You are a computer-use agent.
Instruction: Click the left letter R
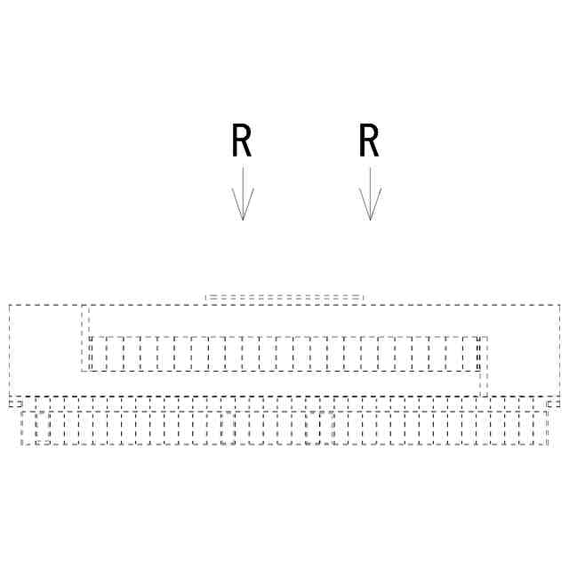coord(241,141)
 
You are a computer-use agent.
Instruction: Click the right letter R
coord(369,141)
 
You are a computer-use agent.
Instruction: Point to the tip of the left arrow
coord(243,220)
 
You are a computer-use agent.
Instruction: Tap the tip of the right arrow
coord(370,220)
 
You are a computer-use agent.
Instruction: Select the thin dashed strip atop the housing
coord(284,298)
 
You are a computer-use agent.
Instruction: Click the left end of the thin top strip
coord(206,298)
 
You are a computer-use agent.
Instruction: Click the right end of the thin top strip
coord(363,298)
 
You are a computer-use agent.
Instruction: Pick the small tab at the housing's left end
coord(15,404)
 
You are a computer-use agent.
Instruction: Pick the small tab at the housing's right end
coord(554,404)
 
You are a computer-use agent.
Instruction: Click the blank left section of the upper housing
coord(44,350)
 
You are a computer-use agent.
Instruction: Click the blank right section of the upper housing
coord(525,350)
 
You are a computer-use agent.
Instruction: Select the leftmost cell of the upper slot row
coord(98,354)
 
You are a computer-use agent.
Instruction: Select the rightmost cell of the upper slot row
coord(470,354)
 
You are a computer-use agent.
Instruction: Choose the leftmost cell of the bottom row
coord(28,428)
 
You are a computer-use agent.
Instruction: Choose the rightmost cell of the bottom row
coord(541,428)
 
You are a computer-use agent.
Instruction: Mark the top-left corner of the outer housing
coord(9,305)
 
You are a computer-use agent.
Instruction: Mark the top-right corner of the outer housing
coord(560,305)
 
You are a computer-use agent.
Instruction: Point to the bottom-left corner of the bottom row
coord(21,444)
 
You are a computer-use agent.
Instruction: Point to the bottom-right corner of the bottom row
coord(548,444)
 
